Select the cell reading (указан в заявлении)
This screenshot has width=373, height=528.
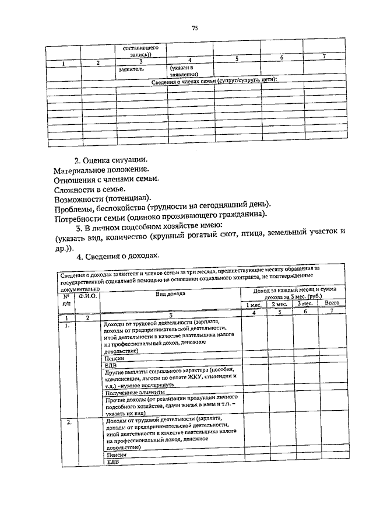[x=184, y=71]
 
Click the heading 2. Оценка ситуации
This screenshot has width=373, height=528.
[x=110, y=160]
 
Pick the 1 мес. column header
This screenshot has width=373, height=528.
[x=254, y=303]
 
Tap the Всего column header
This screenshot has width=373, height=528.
[x=331, y=303]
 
